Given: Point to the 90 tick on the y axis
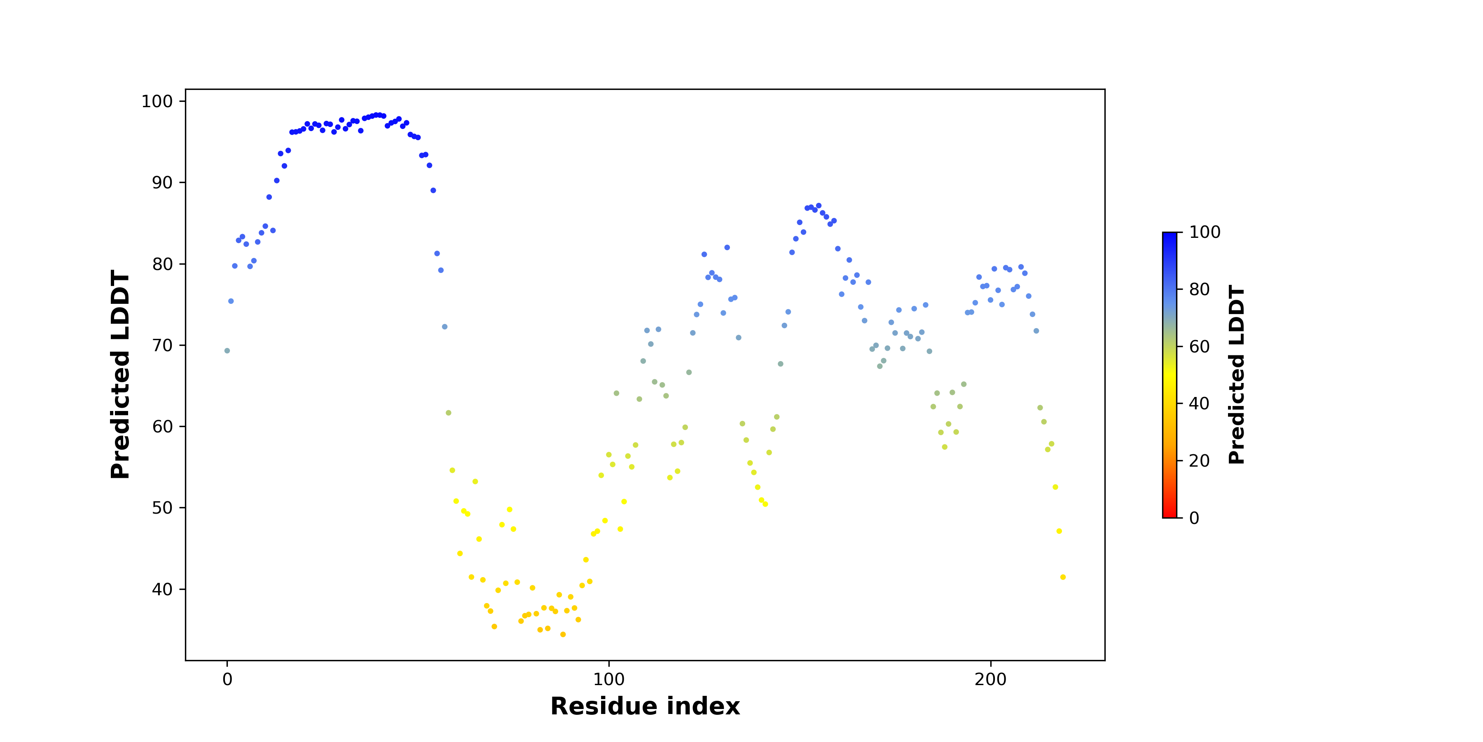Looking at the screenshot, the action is coord(162,183).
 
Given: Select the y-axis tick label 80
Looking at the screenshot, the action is coord(162,264).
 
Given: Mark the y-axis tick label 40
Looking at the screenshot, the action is coord(162,589).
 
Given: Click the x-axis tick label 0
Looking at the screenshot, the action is coord(227,679).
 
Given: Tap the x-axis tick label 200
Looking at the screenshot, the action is coord(991,679).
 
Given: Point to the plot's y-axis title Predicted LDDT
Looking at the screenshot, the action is coord(120,374).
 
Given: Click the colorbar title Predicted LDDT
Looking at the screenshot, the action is coord(1237,374).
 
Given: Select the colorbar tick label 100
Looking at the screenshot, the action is coord(1205,232).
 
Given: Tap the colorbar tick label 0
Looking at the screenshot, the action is coord(1195,518).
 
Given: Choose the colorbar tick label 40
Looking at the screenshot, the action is coord(1200,404).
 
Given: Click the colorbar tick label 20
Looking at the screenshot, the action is coord(1200,461).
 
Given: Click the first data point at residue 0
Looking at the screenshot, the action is coord(227,351).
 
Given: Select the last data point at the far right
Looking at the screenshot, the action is coord(1063,577).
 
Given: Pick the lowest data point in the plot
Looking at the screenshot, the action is coord(563,634).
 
